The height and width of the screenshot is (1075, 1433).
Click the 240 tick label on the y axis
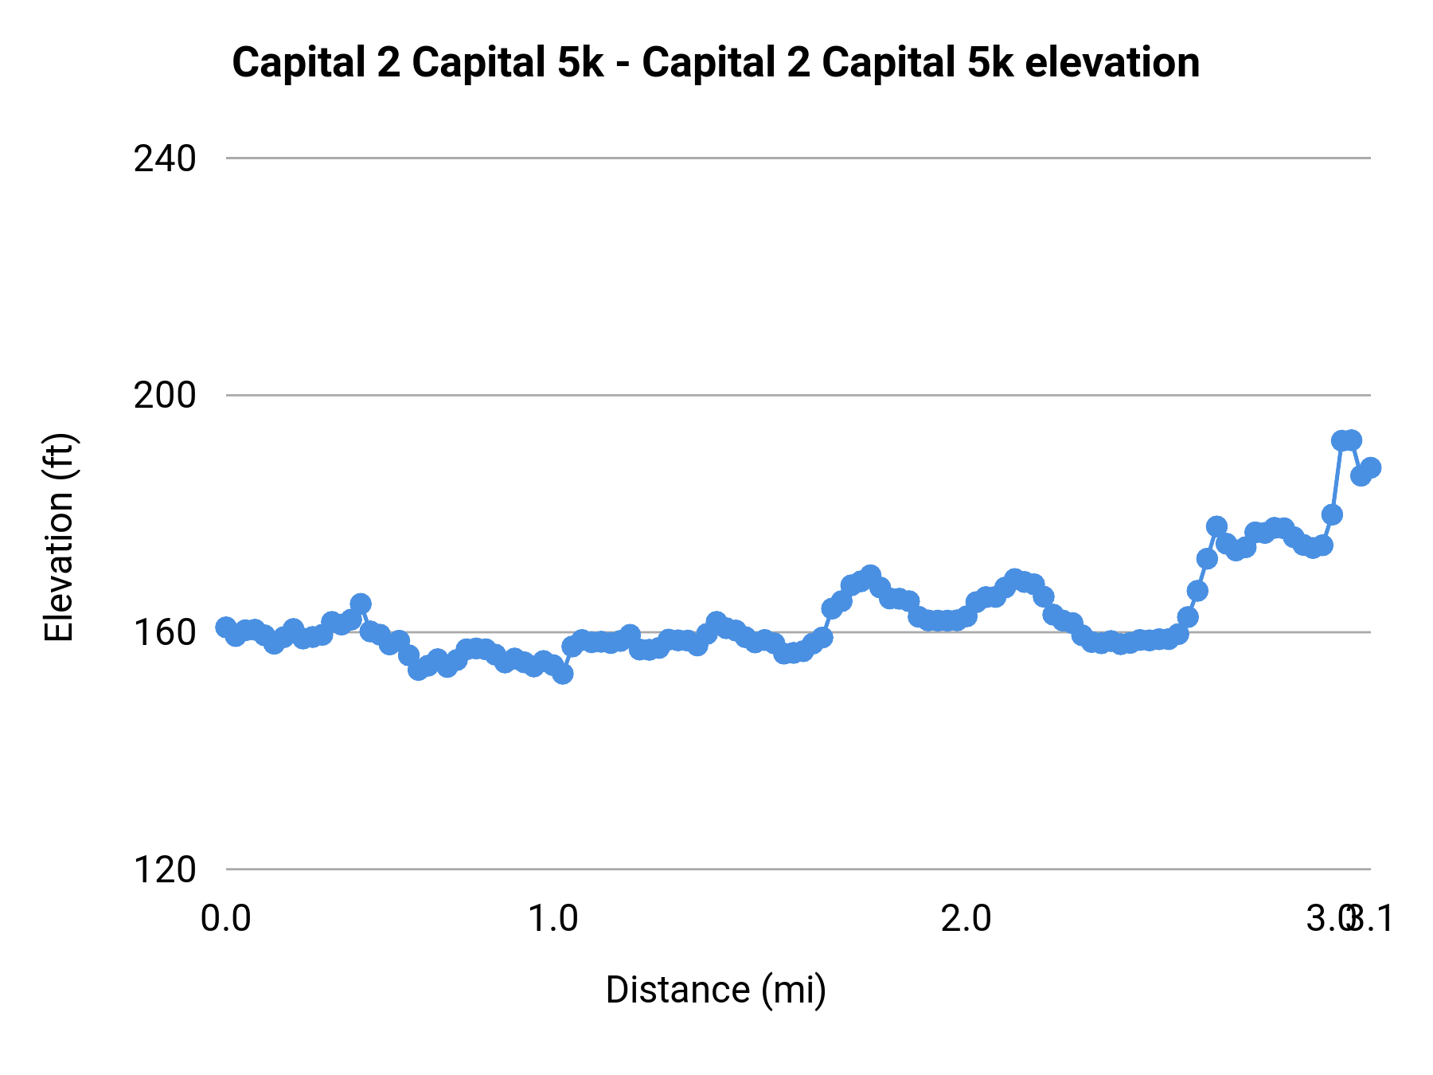(x=164, y=159)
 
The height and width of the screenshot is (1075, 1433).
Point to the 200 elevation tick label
(x=164, y=396)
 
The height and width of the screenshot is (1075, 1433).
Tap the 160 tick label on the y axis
(x=164, y=633)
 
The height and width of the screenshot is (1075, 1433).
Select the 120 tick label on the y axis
(x=164, y=870)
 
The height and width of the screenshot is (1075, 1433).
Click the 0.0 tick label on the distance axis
(x=225, y=919)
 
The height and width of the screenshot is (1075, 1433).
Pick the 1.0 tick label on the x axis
(x=554, y=919)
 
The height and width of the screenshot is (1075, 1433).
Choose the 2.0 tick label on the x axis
(x=966, y=919)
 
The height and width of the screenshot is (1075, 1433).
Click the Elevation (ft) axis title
(x=59, y=537)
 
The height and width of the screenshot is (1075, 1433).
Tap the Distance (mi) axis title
(x=716, y=990)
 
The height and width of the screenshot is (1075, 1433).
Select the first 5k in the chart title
(x=580, y=63)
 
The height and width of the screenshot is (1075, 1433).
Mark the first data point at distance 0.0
(x=225, y=627)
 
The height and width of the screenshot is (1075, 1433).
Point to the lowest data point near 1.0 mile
(x=563, y=674)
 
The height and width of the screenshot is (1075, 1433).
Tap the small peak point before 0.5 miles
(x=361, y=604)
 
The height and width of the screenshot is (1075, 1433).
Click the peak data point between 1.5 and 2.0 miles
(x=870, y=575)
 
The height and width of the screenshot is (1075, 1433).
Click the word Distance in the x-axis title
(x=677, y=990)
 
